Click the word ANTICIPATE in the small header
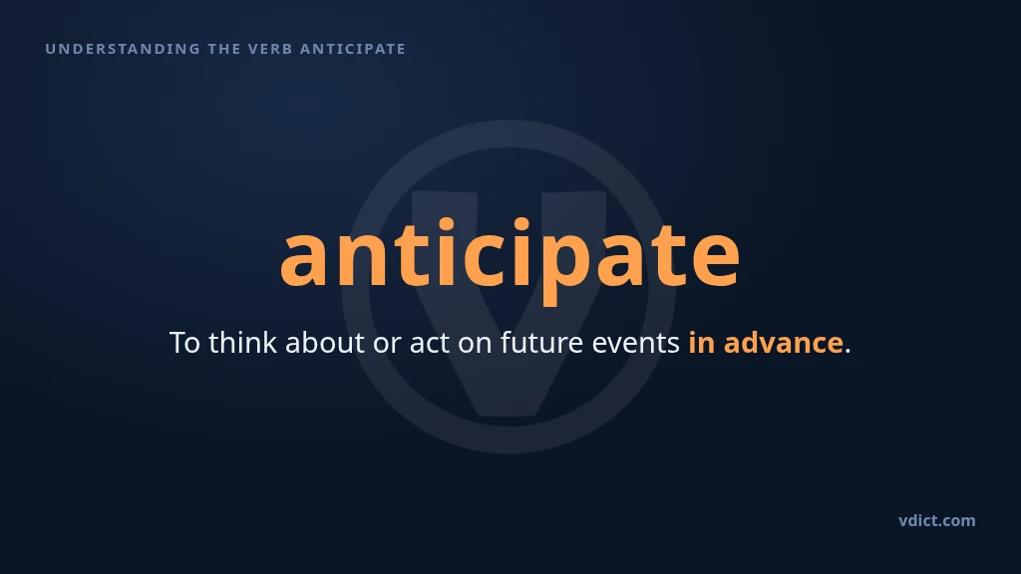(353, 49)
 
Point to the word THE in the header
(224, 49)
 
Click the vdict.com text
(937, 520)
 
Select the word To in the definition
(184, 343)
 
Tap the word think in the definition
(242, 343)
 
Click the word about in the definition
(324, 343)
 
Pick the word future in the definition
(541, 343)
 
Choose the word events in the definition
(635, 344)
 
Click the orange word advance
(784, 343)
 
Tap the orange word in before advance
(701, 343)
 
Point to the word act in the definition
(429, 344)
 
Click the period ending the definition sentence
(848, 352)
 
